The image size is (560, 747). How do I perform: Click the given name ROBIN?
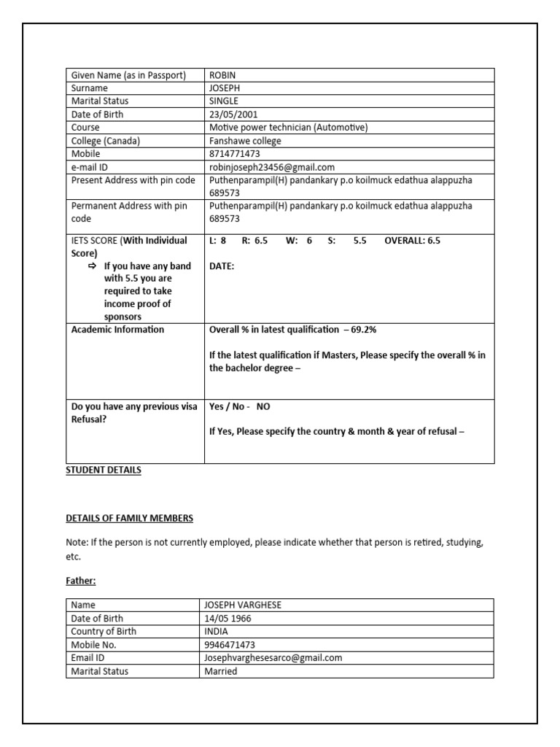click(x=223, y=75)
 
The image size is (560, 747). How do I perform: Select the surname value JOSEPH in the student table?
click(x=225, y=88)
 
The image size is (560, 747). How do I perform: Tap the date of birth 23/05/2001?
click(x=233, y=115)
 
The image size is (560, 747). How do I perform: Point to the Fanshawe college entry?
click(x=245, y=141)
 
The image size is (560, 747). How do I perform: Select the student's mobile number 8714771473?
click(x=234, y=154)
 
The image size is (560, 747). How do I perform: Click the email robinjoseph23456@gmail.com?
click(x=271, y=167)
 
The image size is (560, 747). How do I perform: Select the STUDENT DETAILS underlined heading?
click(x=104, y=471)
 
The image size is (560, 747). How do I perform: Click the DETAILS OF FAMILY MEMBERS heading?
click(x=130, y=518)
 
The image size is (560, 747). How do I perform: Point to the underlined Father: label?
click(x=81, y=581)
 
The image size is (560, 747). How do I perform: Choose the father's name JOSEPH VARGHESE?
click(x=243, y=605)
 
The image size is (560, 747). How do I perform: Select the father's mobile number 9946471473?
click(x=230, y=645)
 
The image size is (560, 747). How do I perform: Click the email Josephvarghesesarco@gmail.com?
click(x=273, y=658)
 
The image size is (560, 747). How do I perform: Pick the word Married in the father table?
click(x=220, y=671)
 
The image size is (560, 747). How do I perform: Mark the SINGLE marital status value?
click(x=223, y=101)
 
